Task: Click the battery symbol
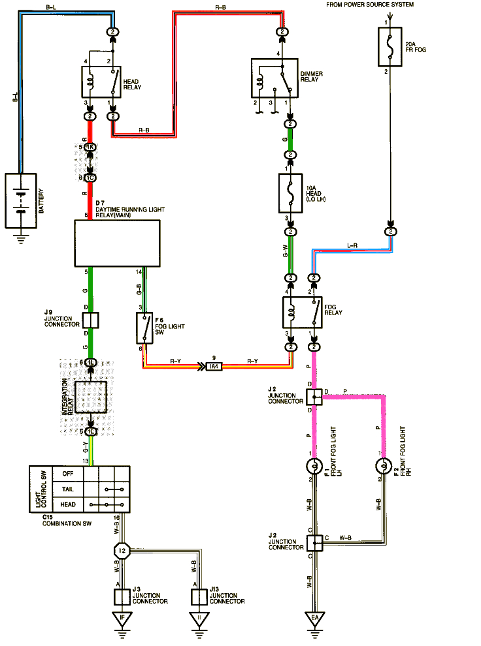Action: (x=22, y=200)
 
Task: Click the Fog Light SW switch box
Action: (x=144, y=328)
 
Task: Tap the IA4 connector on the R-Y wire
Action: (x=214, y=367)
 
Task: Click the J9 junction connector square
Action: (x=91, y=320)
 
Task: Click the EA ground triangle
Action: (x=315, y=617)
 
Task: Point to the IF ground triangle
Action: (x=122, y=617)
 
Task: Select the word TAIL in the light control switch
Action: (x=67, y=489)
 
